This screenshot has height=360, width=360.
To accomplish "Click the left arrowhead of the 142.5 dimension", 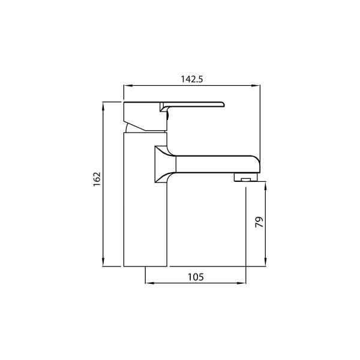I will pyautogui.click(x=127, y=86).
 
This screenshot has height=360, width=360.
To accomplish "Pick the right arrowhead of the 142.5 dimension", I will pyautogui.click(x=257, y=86).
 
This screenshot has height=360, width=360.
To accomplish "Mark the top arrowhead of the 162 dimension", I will pyautogui.click(x=104, y=106).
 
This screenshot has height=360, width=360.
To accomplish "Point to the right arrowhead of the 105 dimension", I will pyautogui.click(x=243, y=283).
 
